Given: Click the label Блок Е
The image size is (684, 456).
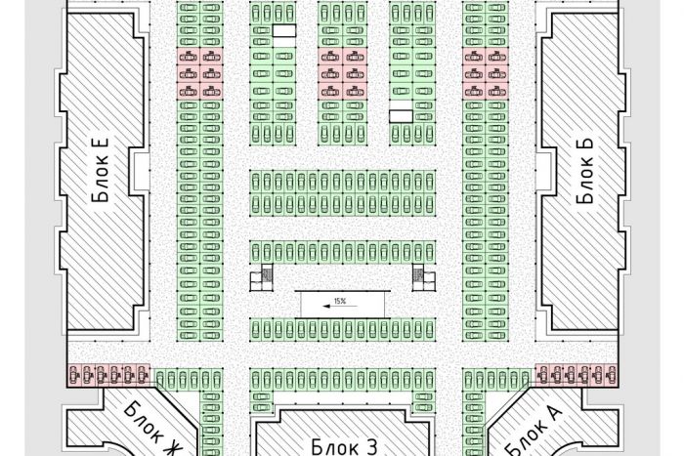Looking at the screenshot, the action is tap(101, 171).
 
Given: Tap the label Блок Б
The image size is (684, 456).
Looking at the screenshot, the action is tap(585, 171).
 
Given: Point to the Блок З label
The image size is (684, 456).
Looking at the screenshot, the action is tap(344, 447).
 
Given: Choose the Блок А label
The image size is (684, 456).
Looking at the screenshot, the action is tap(533, 432).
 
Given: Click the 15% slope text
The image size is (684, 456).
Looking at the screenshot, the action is tap(340, 301).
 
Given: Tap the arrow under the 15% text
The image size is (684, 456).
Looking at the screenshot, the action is tap(340, 306).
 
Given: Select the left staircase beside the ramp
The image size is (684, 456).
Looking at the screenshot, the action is tap(261, 277).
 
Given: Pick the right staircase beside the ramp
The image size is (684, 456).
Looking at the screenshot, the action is tap(424, 277).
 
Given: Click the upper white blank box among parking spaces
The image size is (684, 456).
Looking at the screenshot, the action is tap(284, 30).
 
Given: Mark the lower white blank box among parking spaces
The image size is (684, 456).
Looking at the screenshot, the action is tap(401, 116).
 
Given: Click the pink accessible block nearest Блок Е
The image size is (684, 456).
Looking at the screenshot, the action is tap(199, 73).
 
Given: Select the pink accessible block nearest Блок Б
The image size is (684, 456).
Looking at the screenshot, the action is tap(486, 73).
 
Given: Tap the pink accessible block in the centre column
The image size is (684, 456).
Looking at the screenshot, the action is tap(342, 73).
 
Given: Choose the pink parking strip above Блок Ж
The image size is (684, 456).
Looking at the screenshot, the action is tap(108, 375).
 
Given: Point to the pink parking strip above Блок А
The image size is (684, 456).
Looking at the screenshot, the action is tap(577, 375).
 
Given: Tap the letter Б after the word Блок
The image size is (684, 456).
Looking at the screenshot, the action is tap(585, 145).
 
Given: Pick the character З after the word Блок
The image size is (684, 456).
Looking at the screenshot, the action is tap(370, 447).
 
